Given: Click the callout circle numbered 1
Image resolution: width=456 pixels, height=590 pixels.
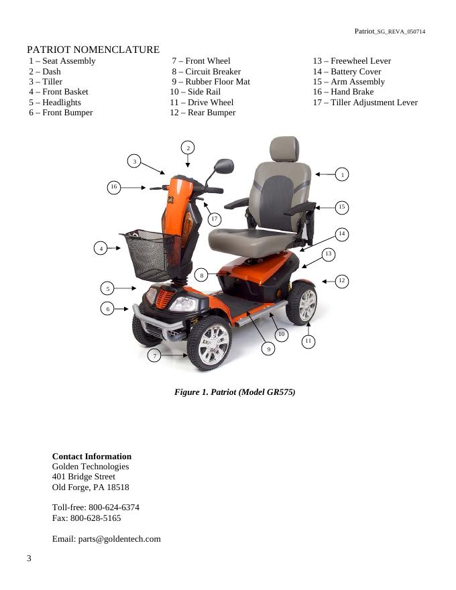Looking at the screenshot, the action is click(x=342, y=174).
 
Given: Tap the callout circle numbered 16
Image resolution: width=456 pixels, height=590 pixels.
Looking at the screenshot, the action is click(x=114, y=188).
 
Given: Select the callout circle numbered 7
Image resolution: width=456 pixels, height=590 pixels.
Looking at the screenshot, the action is click(x=155, y=356).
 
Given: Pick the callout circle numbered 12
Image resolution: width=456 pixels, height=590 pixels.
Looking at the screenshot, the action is click(x=341, y=281).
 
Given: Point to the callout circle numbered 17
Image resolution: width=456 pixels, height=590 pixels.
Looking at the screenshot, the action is click(x=214, y=219).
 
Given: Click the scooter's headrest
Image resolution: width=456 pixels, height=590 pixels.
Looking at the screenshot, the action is click(x=284, y=148).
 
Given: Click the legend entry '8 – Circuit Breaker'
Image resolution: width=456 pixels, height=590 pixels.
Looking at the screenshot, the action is click(x=206, y=72).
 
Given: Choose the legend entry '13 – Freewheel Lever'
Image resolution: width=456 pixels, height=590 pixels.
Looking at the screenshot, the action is click(x=351, y=61).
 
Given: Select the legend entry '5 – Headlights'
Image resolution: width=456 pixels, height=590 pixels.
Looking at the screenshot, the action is click(x=54, y=103).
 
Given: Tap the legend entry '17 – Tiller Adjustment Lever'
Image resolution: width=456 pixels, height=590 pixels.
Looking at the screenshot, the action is click(x=365, y=103).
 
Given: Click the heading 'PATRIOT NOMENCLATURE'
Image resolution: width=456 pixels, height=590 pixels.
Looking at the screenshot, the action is click(x=93, y=50).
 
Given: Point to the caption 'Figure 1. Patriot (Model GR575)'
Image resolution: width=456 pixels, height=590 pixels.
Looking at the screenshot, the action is click(x=235, y=392).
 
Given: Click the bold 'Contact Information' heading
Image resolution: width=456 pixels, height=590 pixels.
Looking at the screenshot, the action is click(x=92, y=457).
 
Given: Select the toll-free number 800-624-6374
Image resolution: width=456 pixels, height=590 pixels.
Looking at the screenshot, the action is click(x=114, y=508).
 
